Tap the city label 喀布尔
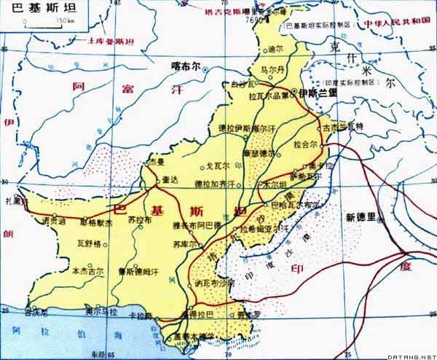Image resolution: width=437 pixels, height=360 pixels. [185, 64]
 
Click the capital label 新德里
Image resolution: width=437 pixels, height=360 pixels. [361, 216]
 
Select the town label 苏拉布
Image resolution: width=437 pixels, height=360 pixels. [139, 219]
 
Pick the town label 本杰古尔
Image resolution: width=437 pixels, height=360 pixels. [87, 271]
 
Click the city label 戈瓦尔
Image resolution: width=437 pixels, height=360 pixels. [217, 165]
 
